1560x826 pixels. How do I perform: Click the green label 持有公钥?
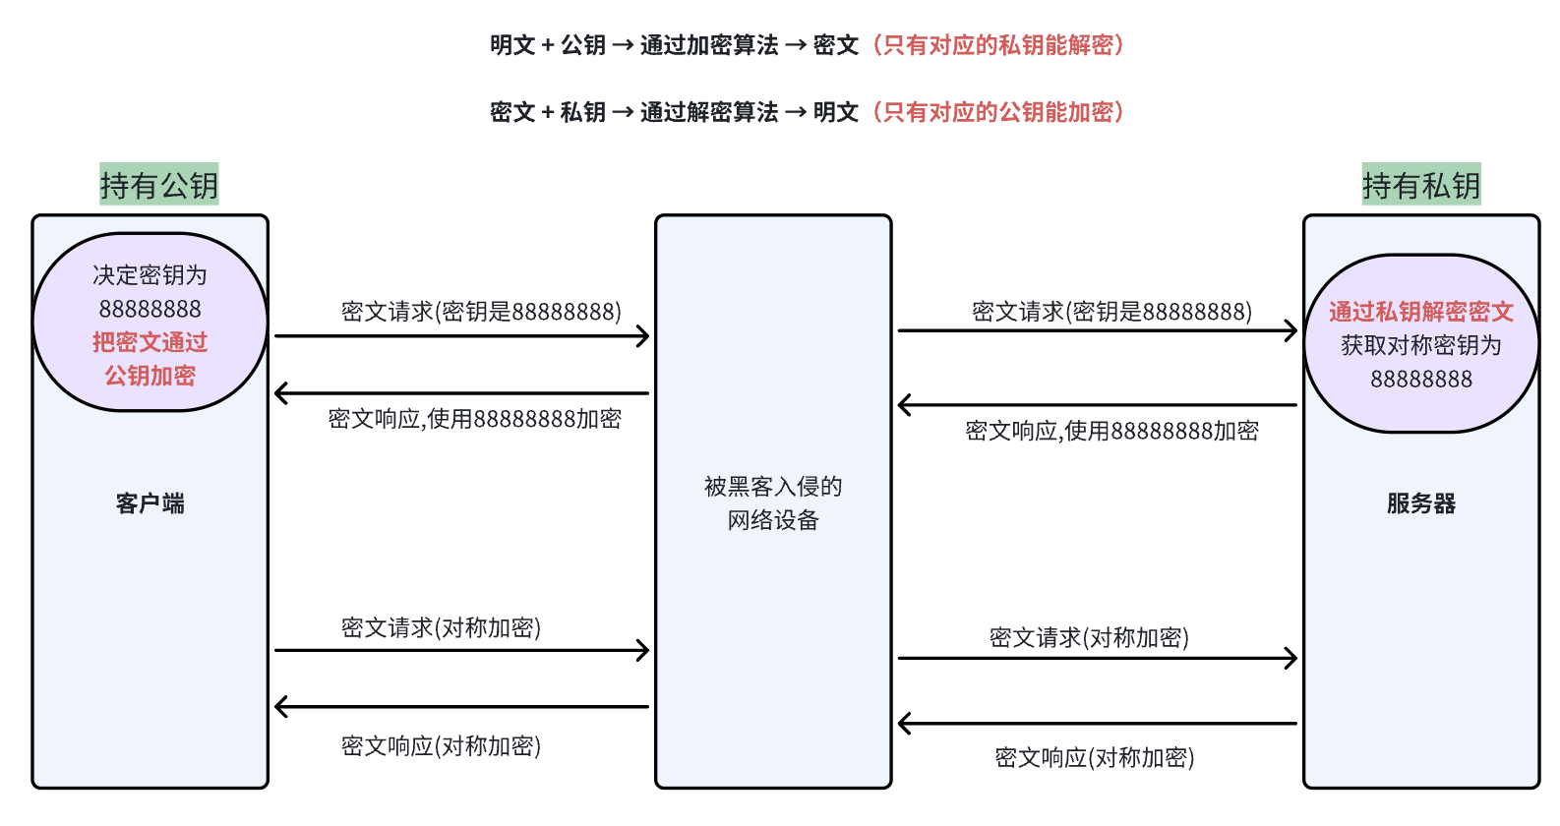[158, 185]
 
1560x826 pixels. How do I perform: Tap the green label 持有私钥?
[1420, 185]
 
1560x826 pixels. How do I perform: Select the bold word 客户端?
[150, 503]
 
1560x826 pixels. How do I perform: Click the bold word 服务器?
[1420, 503]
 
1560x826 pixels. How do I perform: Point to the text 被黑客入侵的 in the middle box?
[773, 487]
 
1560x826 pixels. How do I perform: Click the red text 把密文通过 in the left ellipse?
[150, 342]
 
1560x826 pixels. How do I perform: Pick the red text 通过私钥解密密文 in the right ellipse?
[1420, 312]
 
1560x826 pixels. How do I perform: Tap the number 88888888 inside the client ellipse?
[150, 309]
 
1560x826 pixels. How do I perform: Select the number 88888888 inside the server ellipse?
[1420, 379]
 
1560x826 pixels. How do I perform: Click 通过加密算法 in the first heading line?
[708, 45]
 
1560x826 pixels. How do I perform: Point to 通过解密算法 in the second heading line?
[708, 112]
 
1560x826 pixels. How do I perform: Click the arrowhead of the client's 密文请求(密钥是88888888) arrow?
[643, 336]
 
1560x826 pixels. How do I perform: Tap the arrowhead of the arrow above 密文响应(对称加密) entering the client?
[281, 706]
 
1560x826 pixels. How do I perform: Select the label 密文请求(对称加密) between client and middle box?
[441, 627]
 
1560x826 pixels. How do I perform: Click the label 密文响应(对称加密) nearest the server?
[1094, 757]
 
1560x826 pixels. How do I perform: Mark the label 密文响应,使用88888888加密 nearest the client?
[474, 419]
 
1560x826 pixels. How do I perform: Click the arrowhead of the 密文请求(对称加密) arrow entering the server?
[1290, 658]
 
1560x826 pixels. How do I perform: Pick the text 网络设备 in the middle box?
[773, 520]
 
